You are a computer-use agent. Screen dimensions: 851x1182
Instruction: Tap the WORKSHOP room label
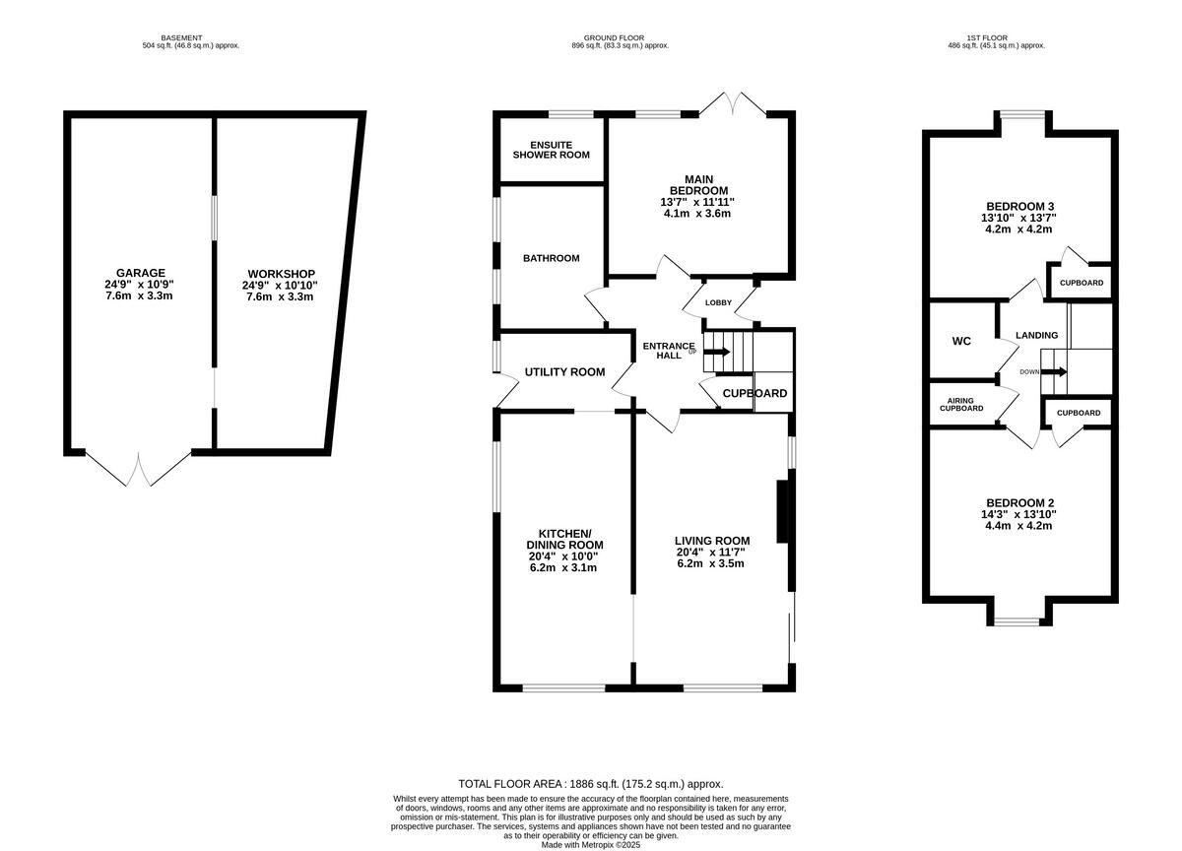281,273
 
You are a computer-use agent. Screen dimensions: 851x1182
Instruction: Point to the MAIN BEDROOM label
698,184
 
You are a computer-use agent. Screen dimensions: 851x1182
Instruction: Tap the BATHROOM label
551,258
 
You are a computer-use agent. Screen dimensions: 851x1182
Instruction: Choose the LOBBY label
718,302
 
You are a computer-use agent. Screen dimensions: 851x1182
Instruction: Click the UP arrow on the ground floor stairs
717,352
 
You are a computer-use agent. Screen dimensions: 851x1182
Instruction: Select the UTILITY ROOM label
564,371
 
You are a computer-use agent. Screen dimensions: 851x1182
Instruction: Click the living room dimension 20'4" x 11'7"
712,553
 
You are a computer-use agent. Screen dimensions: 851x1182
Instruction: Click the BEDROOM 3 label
1019,206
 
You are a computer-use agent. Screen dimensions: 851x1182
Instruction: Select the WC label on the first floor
961,341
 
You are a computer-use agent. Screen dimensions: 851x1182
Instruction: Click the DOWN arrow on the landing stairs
1053,371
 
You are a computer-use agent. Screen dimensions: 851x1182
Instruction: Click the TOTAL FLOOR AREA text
591,783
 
